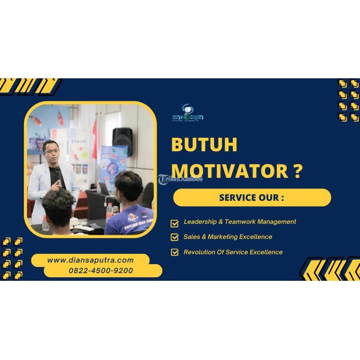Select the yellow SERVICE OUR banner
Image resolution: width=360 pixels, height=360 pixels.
pyautogui.click(x=252, y=198)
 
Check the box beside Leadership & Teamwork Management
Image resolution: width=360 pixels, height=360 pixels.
pyautogui.click(x=175, y=222)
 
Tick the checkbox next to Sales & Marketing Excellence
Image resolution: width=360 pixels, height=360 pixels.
pyautogui.click(x=175, y=237)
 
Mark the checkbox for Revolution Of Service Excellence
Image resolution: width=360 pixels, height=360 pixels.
pyautogui.click(x=175, y=252)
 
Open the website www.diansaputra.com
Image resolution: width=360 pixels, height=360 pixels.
pyautogui.click(x=90, y=260)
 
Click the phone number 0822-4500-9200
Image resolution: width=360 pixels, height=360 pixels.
pyautogui.click(x=101, y=271)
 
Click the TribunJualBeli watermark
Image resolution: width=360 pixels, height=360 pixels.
pyautogui.click(x=180, y=179)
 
